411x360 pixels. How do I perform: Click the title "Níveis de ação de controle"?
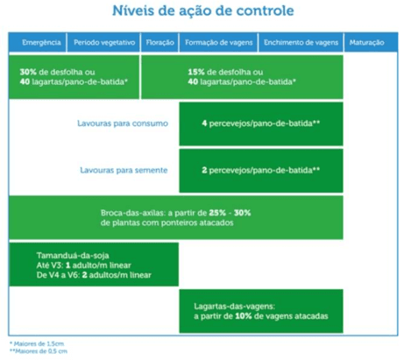pyautogui.click(x=203, y=12)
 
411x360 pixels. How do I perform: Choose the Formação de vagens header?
pyautogui.click(x=217, y=42)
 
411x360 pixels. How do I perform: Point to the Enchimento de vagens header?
pyautogui.click(x=299, y=42)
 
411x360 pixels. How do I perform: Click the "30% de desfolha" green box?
pyautogui.click(x=74, y=76)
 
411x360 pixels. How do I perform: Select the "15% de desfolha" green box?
pyautogui.click(x=242, y=76)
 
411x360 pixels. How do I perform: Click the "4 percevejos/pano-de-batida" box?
pyautogui.click(x=260, y=124)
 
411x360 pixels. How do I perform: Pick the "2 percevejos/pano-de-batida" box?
pyautogui.click(x=260, y=169)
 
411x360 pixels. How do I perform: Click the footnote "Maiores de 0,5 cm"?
pyautogui.click(x=36, y=352)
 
